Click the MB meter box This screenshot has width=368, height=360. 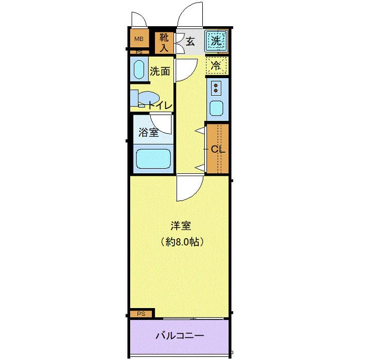pos(138,39)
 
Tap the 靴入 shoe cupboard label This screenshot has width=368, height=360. pos(164,43)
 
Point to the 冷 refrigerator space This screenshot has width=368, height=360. pos(217,65)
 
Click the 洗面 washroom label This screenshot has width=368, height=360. pos(160,71)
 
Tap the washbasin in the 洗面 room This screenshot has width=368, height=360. pos(138,69)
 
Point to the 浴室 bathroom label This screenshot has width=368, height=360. pos(148,132)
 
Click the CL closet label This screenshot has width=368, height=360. pos(217,150)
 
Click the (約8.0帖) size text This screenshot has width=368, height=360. pos(179,241)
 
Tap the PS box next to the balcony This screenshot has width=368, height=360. pos(141,313)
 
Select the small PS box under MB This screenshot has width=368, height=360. pos(138,52)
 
